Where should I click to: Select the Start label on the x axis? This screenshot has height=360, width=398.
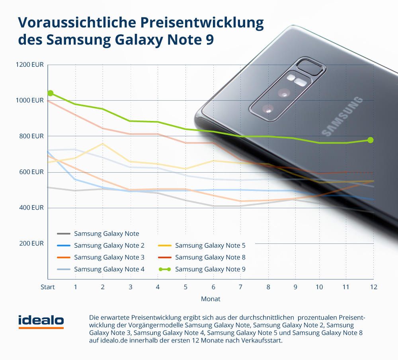(48, 287)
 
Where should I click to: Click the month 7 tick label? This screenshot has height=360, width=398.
(240, 287)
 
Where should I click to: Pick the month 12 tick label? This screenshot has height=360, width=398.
(373, 287)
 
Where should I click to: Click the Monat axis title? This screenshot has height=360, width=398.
(211, 299)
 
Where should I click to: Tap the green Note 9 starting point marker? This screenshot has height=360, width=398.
(51, 93)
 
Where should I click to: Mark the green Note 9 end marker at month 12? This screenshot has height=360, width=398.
(371, 140)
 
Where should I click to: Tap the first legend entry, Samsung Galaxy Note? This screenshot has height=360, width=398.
(106, 234)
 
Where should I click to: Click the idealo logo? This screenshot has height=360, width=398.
(41, 321)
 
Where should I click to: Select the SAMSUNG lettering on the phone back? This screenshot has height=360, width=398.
(342, 115)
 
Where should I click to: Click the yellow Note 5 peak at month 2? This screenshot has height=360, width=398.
(103, 143)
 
